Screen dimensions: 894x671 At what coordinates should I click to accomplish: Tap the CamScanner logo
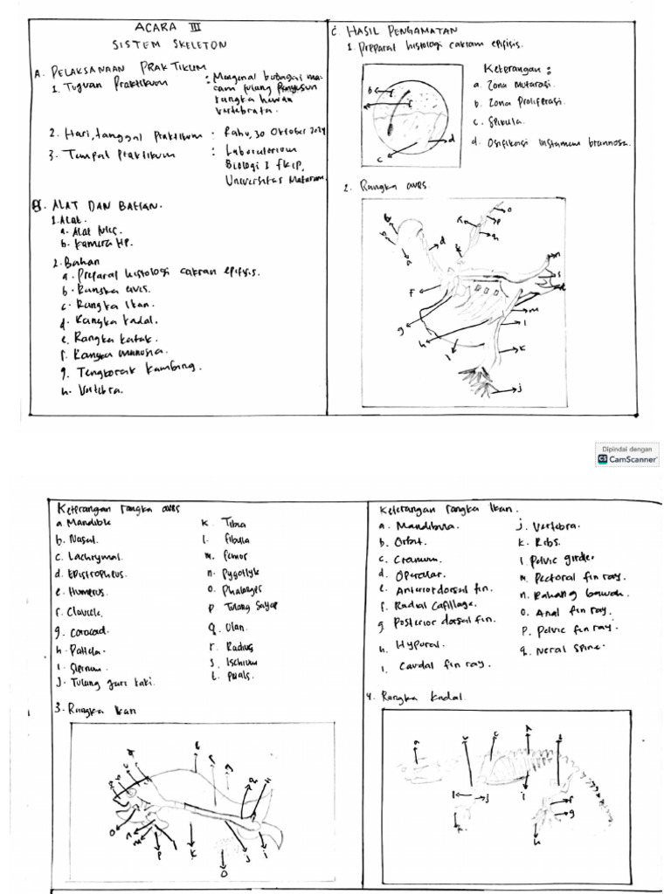(x=627, y=458)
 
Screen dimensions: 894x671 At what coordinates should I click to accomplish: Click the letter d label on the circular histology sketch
(x=452, y=138)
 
